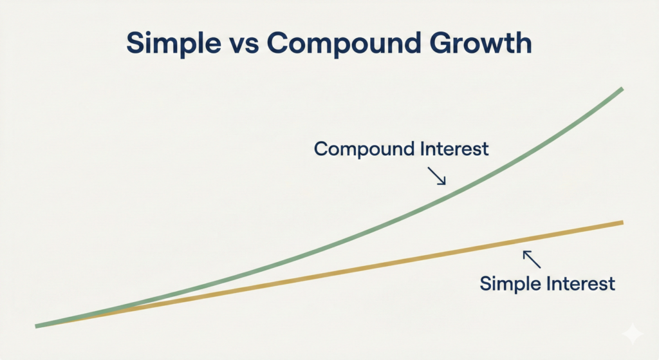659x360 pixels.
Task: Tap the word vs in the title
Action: click(x=244, y=43)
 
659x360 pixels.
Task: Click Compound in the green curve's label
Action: click(x=364, y=149)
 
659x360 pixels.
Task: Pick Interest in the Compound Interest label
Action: click(x=454, y=149)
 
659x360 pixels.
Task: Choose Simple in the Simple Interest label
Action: click(x=512, y=284)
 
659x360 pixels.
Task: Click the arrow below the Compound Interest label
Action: click(x=437, y=176)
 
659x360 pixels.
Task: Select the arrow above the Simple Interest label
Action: click(x=532, y=258)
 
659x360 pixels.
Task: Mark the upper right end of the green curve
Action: click(x=622, y=90)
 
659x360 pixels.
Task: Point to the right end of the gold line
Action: click(x=622, y=223)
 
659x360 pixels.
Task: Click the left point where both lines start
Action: click(x=38, y=326)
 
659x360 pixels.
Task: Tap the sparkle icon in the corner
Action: click(x=632, y=334)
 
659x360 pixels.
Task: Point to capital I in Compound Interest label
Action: click(x=422, y=149)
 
